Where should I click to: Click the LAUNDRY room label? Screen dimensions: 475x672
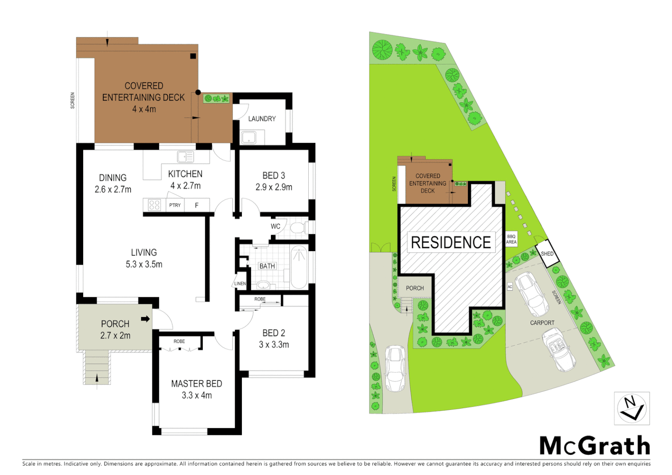pyautogui.click(x=262, y=119)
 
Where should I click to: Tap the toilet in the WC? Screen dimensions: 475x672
pyautogui.click(x=299, y=228)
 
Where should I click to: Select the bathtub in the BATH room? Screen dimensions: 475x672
pyautogui.click(x=299, y=267)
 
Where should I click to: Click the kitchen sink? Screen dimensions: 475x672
pyautogui.click(x=185, y=157)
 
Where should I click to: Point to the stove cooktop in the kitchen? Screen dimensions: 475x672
pyautogui.click(x=154, y=205)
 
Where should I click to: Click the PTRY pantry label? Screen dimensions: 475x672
pyautogui.click(x=175, y=205)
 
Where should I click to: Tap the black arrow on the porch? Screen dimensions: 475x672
pyautogui.click(x=145, y=319)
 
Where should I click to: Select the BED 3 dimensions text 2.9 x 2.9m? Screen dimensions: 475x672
pyautogui.click(x=274, y=187)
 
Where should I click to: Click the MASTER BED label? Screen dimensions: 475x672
pyautogui.click(x=197, y=384)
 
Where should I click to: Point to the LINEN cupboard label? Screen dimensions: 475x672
pyautogui.click(x=240, y=284)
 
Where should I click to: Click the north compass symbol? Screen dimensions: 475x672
pyautogui.click(x=632, y=409)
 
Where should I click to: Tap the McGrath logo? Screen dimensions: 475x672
pyautogui.click(x=595, y=446)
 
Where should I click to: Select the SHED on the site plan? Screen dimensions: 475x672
pyautogui.click(x=547, y=254)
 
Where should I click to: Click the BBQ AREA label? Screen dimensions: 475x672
pyautogui.click(x=511, y=239)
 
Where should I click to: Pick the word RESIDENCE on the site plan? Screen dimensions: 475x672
pyautogui.click(x=451, y=242)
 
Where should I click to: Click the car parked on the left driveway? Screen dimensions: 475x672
pyautogui.click(x=395, y=368)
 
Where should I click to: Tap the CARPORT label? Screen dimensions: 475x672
pyautogui.click(x=542, y=323)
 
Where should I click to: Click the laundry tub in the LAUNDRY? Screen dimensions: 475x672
pyautogui.click(x=248, y=138)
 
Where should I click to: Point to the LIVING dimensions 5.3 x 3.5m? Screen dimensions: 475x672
pyautogui.click(x=144, y=264)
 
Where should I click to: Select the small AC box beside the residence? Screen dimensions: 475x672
pyautogui.click(x=510, y=287)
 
